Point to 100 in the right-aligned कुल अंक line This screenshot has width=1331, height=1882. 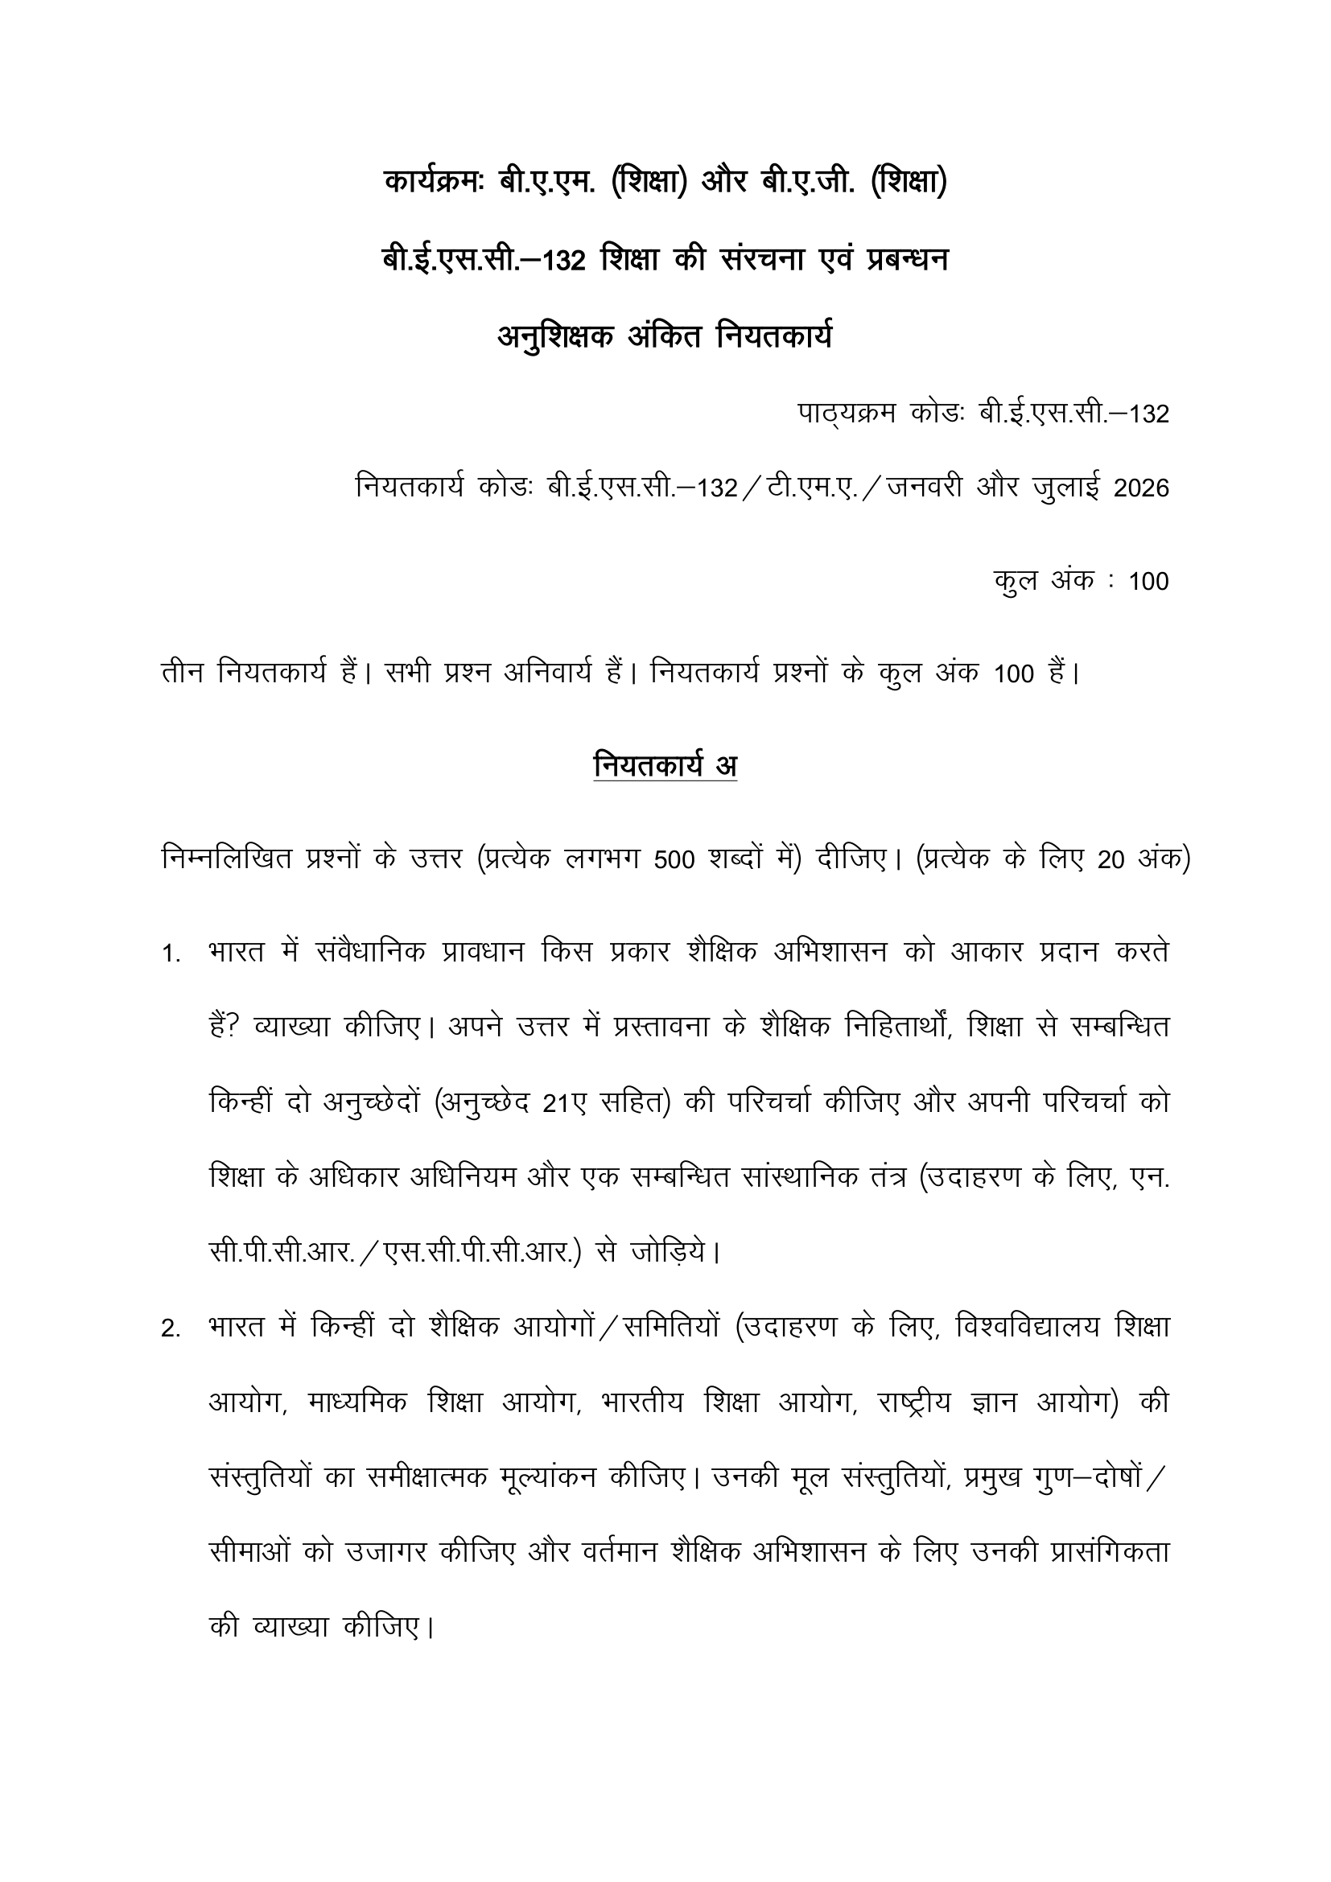coord(1148,581)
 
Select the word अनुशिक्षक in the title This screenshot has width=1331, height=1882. coord(555,336)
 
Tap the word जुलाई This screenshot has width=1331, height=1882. coord(1068,488)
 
